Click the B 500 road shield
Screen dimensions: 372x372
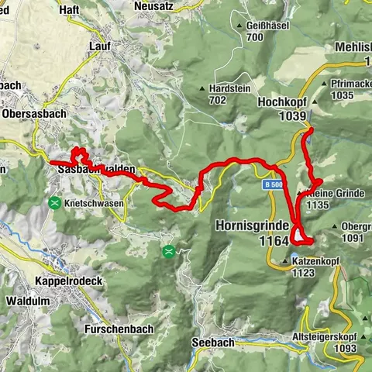[x=270, y=185]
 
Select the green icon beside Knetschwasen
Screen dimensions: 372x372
[x=55, y=203]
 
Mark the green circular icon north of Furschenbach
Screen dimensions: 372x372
[x=169, y=251]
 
